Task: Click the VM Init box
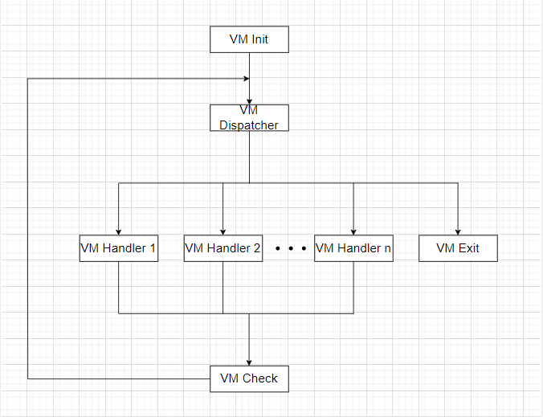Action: click(249, 39)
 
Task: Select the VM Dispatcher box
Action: click(249, 117)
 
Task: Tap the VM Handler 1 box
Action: click(118, 248)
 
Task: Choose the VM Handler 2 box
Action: click(223, 248)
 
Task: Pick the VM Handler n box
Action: click(353, 248)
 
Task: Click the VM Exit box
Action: click(458, 248)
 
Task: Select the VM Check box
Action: click(249, 378)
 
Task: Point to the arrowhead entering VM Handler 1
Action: click(118, 231)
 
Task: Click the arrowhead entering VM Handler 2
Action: click(223, 231)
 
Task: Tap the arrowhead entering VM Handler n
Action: click(353, 231)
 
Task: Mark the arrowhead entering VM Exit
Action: click(458, 231)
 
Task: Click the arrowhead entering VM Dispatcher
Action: click(249, 100)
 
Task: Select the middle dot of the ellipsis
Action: click(289, 249)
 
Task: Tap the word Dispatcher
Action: click(249, 125)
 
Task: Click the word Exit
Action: click(468, 248)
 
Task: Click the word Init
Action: click(259, 39)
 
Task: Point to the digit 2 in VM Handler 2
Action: click(257, 248)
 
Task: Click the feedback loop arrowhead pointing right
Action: click(244, 78)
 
